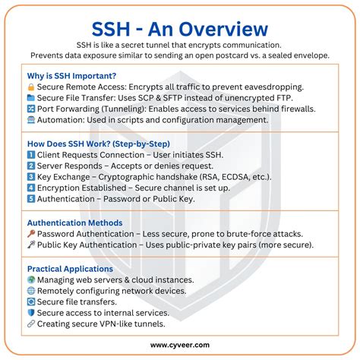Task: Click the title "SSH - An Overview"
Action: pyautogui.click(x=180, y=29)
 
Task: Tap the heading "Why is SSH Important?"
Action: pyautogui.click(x=72, y=75)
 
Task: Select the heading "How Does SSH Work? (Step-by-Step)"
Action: pyautogui.click(x=98, y=144)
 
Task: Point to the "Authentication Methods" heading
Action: pyautogui.click(x=74, y=223)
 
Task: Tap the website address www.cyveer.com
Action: pyautogui.click(x=180, y=345)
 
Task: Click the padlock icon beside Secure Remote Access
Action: pyautogui.click(x=31, y=87)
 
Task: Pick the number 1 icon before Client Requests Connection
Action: pyautogui.click(x=31, y=155)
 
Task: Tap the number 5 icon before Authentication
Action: pyautogui.click(x=31, y=199)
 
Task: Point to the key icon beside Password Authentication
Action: pyautogui.click(x=31, y=234)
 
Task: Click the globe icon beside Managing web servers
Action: pyautogui.click(x=31, y=280)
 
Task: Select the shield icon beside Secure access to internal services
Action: pyautogui.click(x=31, y=313)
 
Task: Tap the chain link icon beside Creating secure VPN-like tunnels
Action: pyautogui.click(x=31, y=324)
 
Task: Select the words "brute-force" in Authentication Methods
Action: pyautogui.click(x=271, y=234)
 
